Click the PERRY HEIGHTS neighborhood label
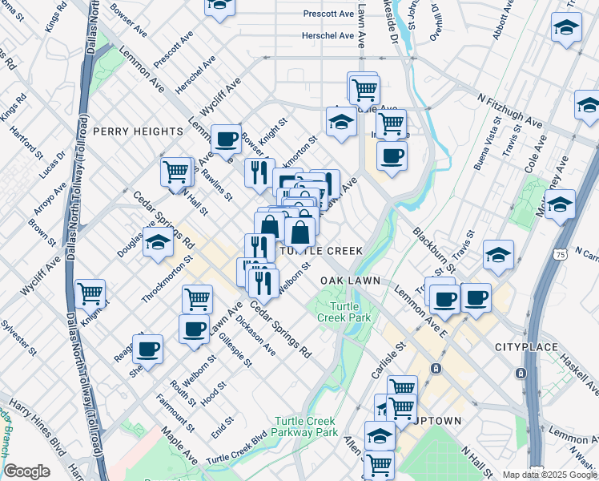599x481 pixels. (x=139, y=131)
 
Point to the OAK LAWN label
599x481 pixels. (x=349, y=281)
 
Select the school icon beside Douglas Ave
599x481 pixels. (x=159, y=242)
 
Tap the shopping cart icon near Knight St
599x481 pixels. (x=90, y=293)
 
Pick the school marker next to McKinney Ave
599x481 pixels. (x=561, y=204)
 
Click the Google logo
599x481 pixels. (x=27, y=471)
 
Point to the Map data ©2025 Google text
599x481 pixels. (x=549, y=475)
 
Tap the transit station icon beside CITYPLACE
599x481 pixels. (x=521, y=374)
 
